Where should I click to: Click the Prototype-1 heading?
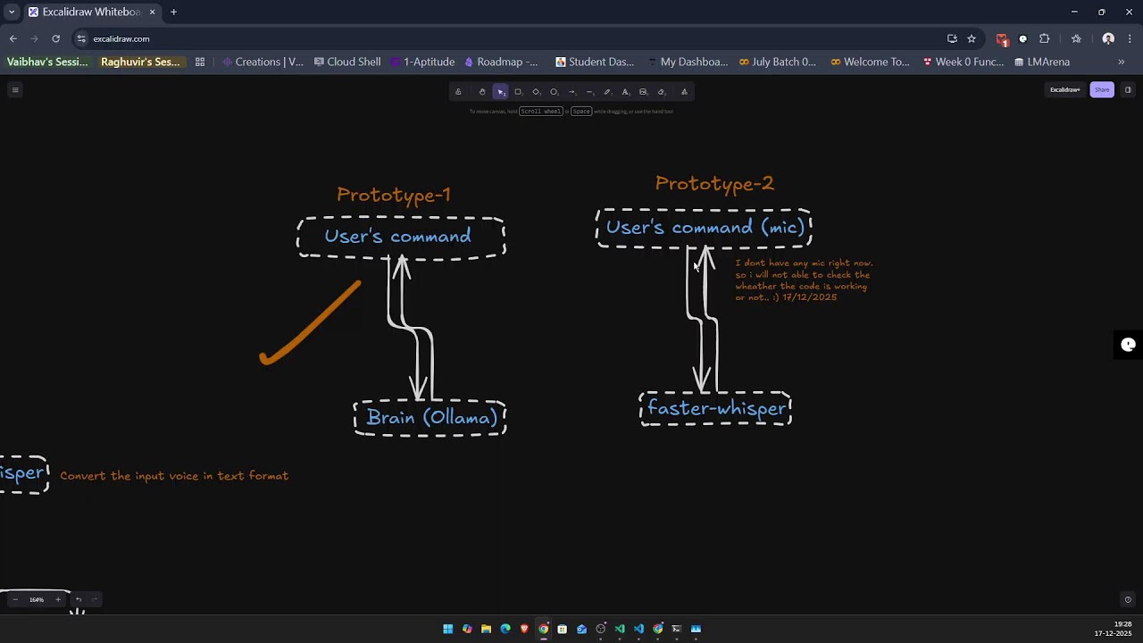[x=393, y=195]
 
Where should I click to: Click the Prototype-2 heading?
[x=714, y=184]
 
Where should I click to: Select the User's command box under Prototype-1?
[x=397, y=237]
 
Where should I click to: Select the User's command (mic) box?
[x=705, y=228]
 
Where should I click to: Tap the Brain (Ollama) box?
[x=431, y=418]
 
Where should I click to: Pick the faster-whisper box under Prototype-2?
[x=716, y=409]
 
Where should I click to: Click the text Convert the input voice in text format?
[x=174, y=476]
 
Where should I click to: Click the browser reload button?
[x=55, y=38]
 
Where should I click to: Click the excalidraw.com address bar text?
[x=121, y=38]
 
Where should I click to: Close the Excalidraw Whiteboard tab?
[x=153, y=12]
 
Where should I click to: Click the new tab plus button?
[x=173, y=12]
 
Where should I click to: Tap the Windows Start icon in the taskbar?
[x=447, y=629]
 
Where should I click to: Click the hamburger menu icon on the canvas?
[x=15, y=89]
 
